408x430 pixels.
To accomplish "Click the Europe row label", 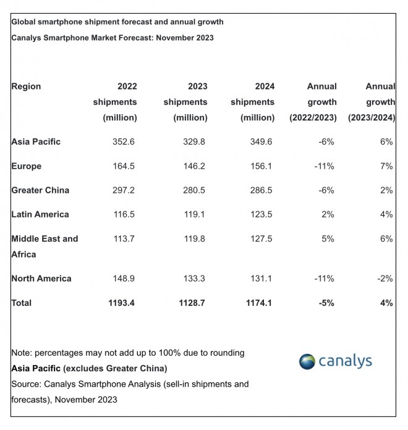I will click(26, 166).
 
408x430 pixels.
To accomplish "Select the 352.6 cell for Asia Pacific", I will click(124, 141).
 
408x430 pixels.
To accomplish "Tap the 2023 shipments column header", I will click(185, 101).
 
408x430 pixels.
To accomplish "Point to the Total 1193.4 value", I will click(120, 303).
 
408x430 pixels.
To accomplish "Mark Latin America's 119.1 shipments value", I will click(194, 214).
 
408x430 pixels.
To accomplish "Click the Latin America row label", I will click(40, 214).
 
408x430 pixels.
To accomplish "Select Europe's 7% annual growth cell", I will click(387, 166).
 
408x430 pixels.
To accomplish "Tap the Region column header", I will click(26, 86).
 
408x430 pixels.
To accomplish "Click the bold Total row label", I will click(22, 303).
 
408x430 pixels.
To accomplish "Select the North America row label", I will click(41, 278).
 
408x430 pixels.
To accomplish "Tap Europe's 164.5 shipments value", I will click(124, 166).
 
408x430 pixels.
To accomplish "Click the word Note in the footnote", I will click(22, 353).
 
